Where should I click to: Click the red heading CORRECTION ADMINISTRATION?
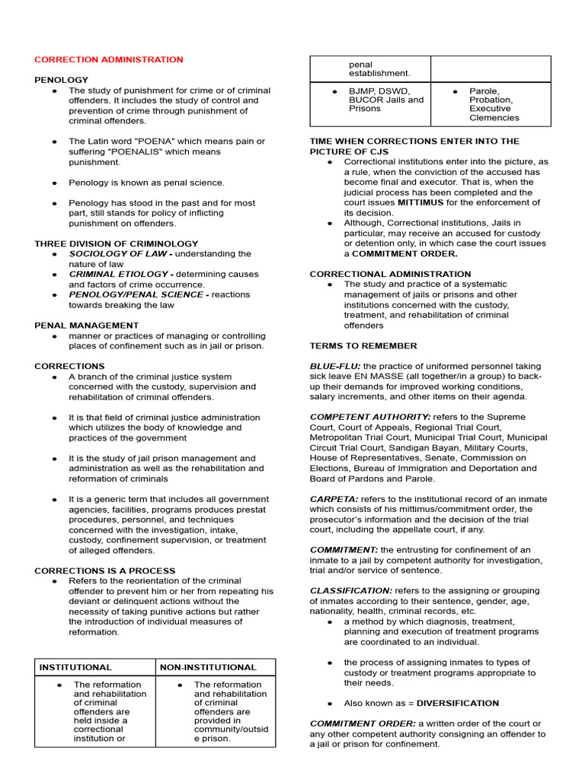[x=109, y=59]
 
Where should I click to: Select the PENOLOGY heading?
[x=62, y=80]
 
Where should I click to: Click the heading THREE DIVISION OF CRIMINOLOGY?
[x=116, y=243]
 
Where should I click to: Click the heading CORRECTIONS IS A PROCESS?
[x=105, y=571]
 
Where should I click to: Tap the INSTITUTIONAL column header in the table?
[x=75, y=667]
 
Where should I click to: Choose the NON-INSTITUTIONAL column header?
[x=208, y=667]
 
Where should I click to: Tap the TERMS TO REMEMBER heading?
[x=363, y=346]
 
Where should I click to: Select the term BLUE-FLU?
[x=335, y=367]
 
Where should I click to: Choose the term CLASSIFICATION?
[x=350, y=591]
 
